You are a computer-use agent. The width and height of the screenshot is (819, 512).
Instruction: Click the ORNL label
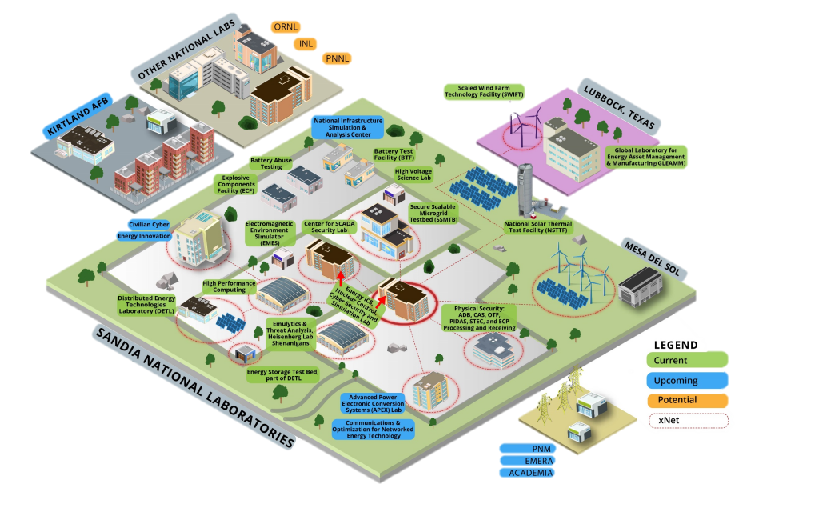pos(286,27)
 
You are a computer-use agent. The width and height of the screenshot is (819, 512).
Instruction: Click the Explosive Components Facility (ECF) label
pos(239,185)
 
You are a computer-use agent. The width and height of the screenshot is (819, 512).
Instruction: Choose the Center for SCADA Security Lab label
pos(330,226)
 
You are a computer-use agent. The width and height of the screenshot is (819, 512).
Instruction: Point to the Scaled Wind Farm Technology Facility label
pos(485,90)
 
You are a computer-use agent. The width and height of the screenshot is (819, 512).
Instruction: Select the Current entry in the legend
pos(687,361)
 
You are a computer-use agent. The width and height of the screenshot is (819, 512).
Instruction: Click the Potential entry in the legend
pos(687,400)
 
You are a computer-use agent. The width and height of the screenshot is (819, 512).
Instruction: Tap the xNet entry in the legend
pos(687,420)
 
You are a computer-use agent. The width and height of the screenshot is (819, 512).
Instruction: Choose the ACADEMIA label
pos(526,473)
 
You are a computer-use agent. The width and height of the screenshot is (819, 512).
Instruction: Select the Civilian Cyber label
pos(148,225)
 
